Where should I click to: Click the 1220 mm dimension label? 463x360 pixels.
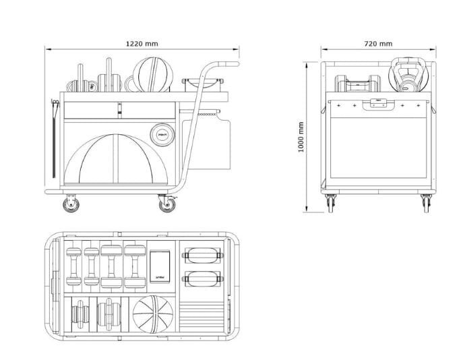pyautogui.click(x=142, y=43)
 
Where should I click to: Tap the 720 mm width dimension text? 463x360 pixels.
pyautogui.click(x=378, y=43)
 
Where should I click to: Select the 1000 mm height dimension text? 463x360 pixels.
pyautogui.click(x=301, y=138)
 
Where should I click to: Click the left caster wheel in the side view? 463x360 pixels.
pyautogui.click(x=70, y=203)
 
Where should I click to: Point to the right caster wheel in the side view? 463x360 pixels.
pyautogui.click(x=165, y=203)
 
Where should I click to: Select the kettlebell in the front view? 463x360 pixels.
pyautogui.click(x=408, y=75)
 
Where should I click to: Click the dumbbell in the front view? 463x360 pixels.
pyautogui.click(x=358, y=84)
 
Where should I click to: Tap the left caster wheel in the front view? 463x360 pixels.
pyautogui.click(x=331, y=202)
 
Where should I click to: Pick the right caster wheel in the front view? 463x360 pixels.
pyautogui.click(x=426, y=202)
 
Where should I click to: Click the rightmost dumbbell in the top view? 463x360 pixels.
pyautogui.click(x=131, y=266)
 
